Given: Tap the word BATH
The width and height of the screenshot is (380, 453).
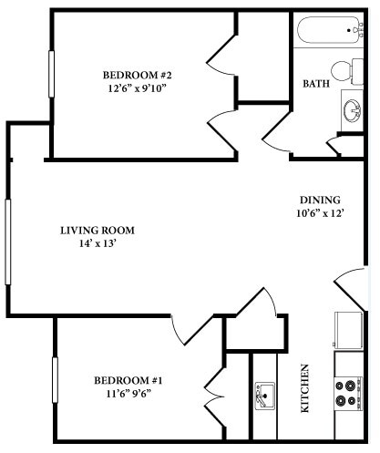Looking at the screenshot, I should point(315,84).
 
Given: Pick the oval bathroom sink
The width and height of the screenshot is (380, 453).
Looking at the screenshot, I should point(351,110).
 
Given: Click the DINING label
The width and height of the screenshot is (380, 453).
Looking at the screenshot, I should point(320,201).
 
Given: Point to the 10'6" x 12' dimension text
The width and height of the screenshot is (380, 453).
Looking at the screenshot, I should point(320,215).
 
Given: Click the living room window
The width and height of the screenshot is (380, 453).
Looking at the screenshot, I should point(8,242).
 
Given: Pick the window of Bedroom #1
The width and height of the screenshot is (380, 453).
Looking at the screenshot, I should point(55,386).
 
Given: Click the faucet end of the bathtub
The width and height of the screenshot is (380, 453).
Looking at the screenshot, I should point(354,32).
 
